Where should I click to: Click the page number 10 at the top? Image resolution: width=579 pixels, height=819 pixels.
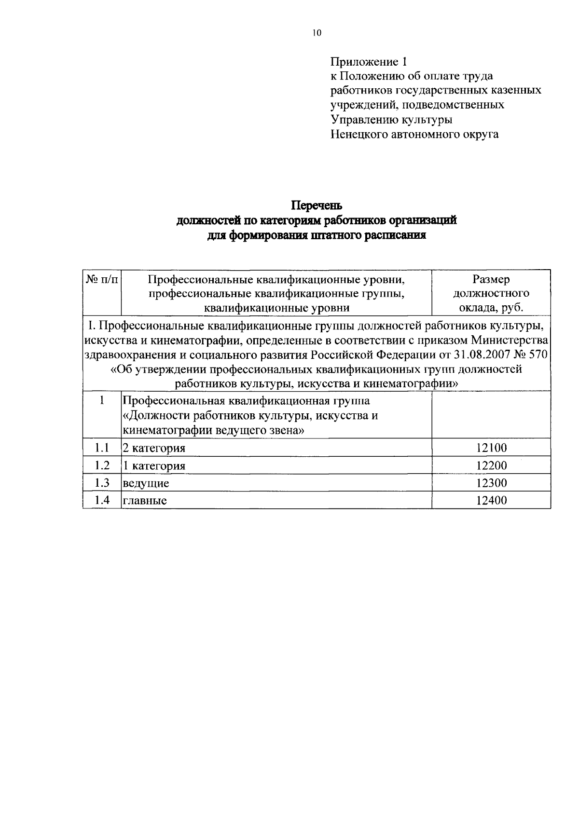317,33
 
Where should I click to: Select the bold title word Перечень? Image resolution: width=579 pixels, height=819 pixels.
316,206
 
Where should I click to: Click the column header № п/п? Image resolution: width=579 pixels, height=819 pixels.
101,279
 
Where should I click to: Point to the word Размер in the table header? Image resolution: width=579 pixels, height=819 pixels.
491,279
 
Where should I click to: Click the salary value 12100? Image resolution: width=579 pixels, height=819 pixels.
491,448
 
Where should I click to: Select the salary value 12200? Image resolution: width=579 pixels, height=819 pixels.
491,465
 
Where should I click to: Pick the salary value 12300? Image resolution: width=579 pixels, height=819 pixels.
491,483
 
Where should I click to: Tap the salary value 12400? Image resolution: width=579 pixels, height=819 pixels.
491,500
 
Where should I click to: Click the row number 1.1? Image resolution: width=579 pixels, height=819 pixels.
101,448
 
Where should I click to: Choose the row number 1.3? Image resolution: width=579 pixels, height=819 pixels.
101,482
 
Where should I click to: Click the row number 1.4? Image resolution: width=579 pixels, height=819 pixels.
101,500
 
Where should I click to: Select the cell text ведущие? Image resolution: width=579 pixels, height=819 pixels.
146,483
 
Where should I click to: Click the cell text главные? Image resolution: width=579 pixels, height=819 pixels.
145,501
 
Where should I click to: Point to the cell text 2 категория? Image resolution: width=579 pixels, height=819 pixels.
154,449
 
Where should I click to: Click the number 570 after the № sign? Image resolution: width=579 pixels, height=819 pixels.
539,355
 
